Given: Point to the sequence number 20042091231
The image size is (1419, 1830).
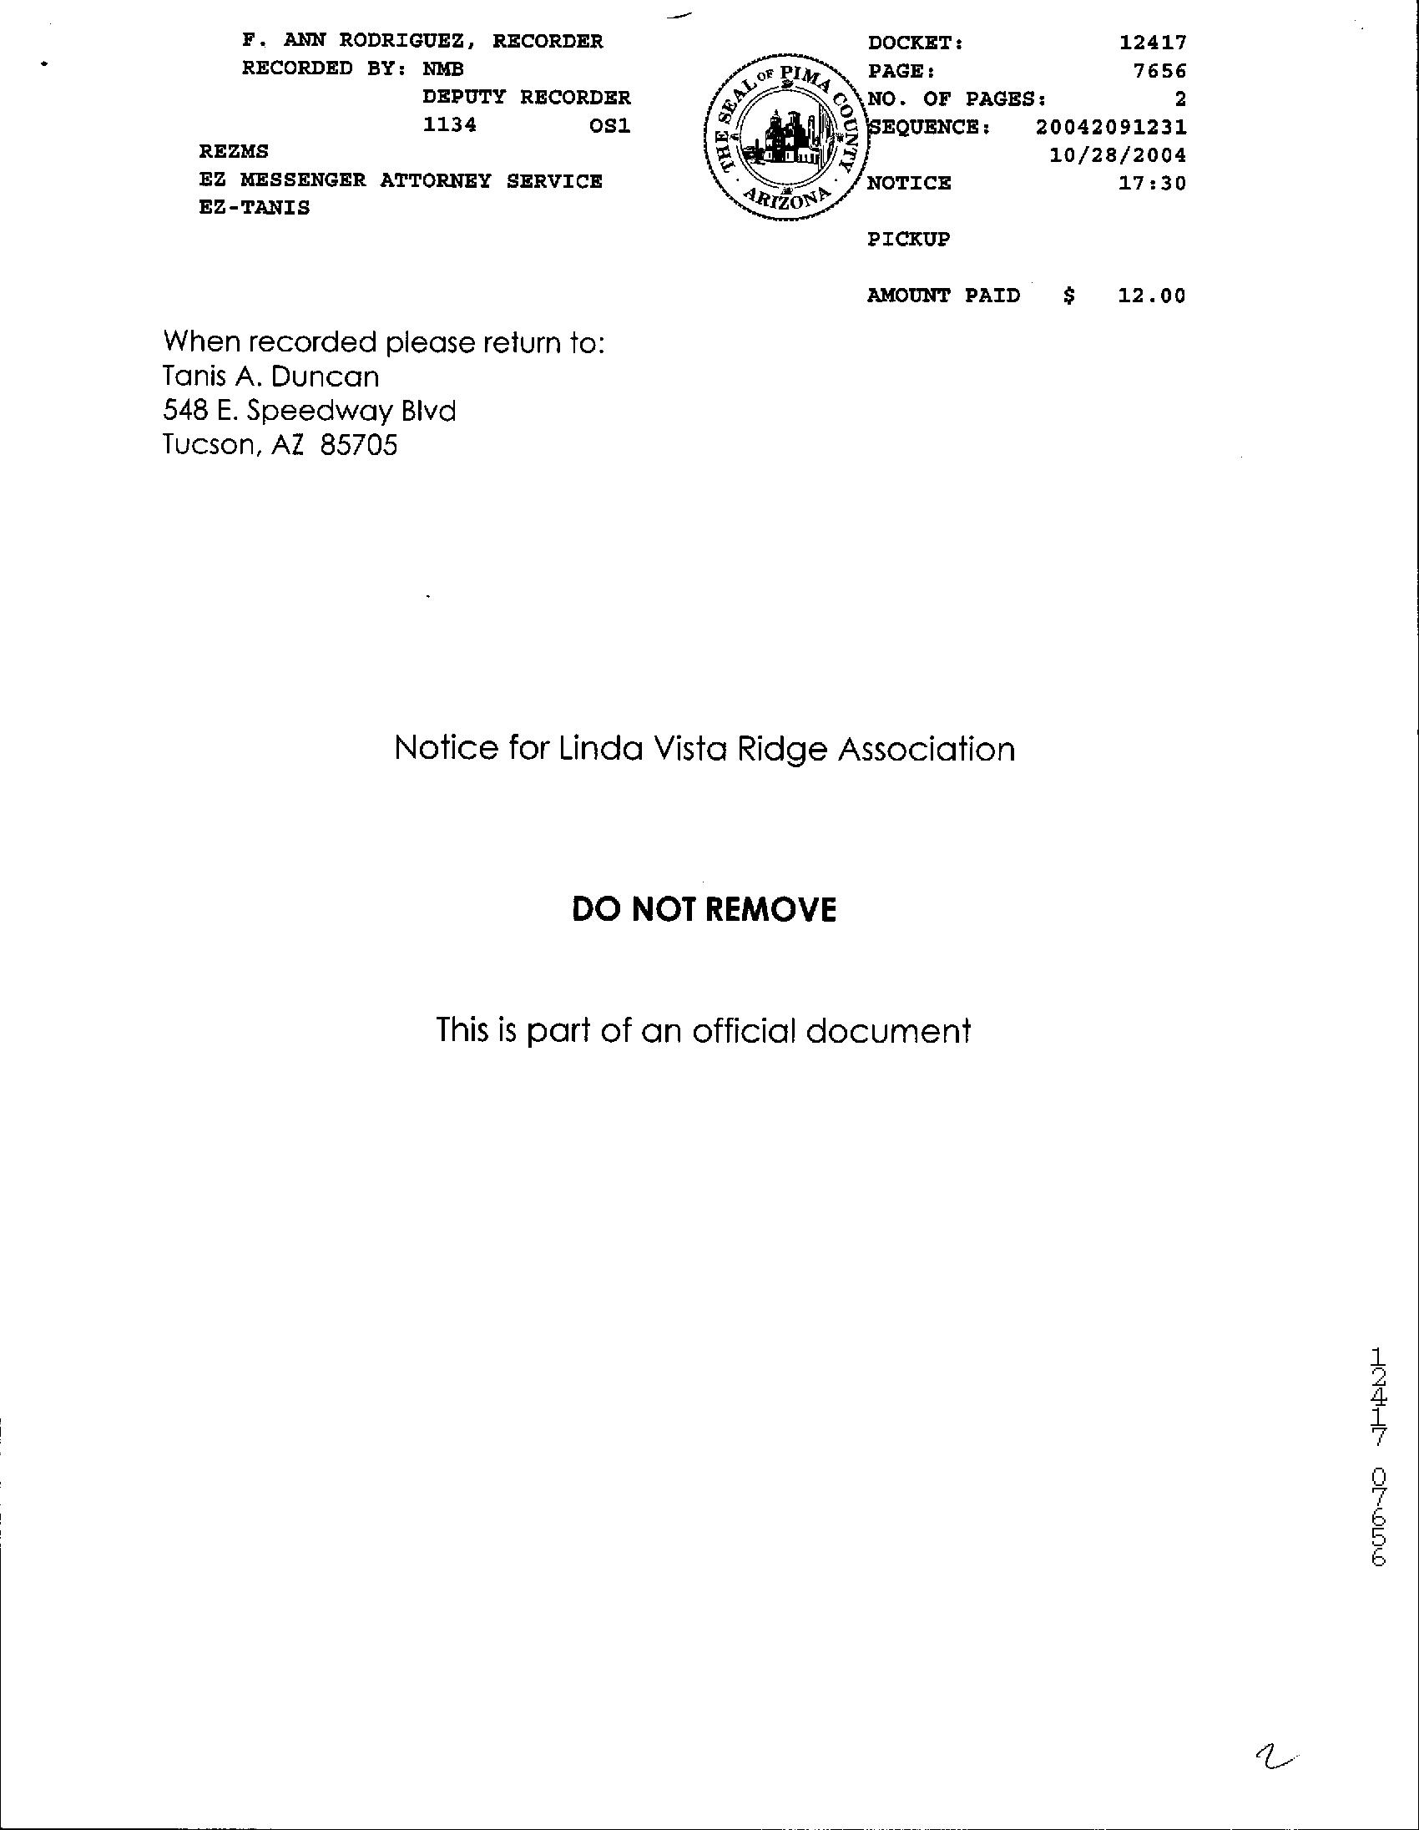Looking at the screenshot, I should pos(1110,128).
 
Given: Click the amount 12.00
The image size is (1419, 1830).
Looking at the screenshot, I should pos(1152,296).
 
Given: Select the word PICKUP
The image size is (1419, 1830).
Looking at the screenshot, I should pos(908,240).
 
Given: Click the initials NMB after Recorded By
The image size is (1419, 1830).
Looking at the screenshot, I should pos(442,68).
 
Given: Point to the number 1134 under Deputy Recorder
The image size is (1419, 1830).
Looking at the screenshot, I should pos(449,126).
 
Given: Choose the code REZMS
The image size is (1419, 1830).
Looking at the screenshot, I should pos(234,152).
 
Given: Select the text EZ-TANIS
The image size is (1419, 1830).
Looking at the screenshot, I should pos(254,208).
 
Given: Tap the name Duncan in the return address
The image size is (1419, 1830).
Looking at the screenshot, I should pos(325,377).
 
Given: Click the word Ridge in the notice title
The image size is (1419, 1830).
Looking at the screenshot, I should pos(782,749).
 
